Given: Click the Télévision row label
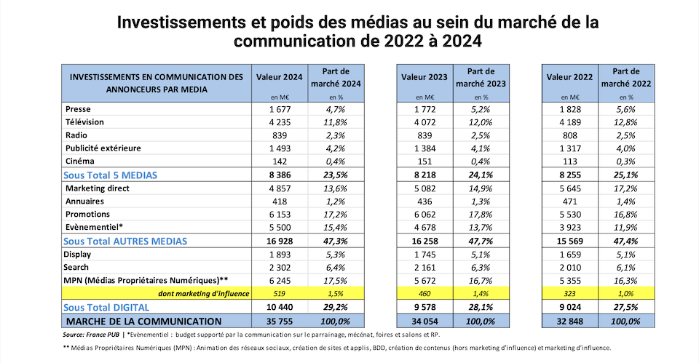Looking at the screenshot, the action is (84, 122).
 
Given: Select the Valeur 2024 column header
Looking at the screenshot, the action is (280, 77).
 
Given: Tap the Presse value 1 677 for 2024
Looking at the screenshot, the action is (280, 110).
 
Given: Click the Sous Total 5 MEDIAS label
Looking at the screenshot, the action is (110, 175).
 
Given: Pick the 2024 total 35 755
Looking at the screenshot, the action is (280, 321).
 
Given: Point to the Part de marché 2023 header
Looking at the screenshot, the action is (481, 78).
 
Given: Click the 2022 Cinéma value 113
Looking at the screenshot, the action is (569, 161).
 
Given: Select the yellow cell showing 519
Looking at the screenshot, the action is (280, 293).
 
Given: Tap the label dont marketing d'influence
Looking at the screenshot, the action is (204, 293).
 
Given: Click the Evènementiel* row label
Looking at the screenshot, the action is (94, 227).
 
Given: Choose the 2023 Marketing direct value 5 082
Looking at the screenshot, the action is (424, 188).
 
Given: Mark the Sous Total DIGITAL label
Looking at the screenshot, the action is (106, 307).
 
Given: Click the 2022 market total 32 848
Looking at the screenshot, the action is (569, 321).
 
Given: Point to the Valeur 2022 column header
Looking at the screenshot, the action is (569, 77).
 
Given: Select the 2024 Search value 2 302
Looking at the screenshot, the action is (280, 267).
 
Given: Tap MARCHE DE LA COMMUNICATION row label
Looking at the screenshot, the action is (143, 321).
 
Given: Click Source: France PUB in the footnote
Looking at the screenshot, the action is (91, 335).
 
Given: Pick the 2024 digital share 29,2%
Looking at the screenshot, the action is (336, 307).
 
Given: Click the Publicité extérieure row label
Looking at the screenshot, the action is (103, 148).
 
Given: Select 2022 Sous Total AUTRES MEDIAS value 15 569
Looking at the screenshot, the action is (569, 241).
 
